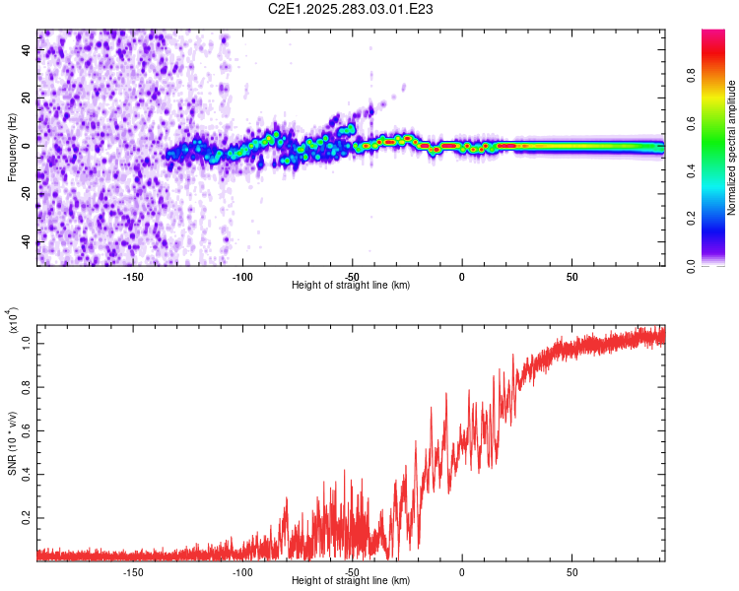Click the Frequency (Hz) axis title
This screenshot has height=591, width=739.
12,149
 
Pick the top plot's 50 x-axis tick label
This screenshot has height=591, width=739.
571,277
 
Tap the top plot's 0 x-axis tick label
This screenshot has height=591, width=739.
462,277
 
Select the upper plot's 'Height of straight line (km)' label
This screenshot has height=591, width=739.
351,286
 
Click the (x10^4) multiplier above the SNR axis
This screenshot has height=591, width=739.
13,320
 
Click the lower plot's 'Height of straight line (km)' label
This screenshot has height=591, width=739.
351,581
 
